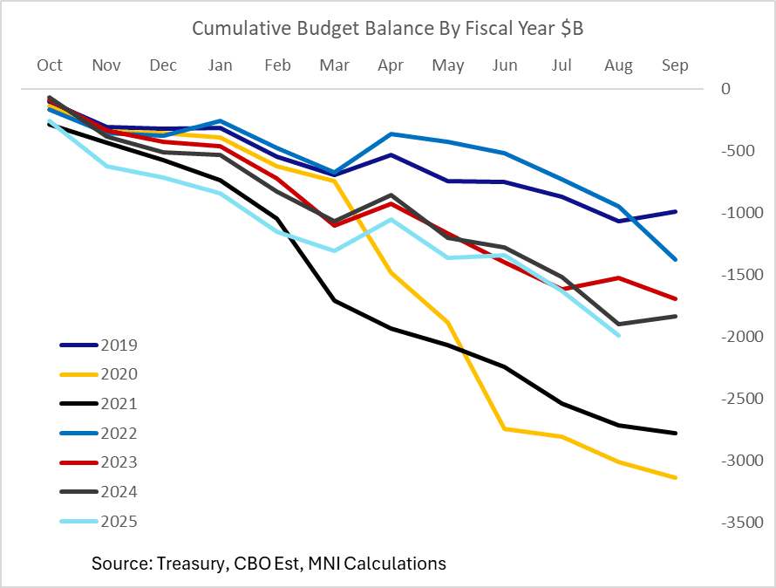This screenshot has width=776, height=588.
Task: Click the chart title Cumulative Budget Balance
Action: tap(387, 29)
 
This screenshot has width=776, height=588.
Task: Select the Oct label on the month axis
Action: tap(50, 65)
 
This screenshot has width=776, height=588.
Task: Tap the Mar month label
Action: tap(335, 65)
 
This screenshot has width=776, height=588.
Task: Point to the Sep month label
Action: tap(675, 65)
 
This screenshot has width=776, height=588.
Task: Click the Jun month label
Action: tap(505, 65)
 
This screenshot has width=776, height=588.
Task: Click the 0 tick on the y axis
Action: tap(725, 89)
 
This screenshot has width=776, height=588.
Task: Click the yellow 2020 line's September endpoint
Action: tap(676, 477)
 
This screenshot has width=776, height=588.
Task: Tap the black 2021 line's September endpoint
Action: tap(676, 433)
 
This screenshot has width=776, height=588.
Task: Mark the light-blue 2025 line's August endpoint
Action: tap(619, 335)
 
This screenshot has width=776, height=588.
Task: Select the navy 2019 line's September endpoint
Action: tap(676, 211)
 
